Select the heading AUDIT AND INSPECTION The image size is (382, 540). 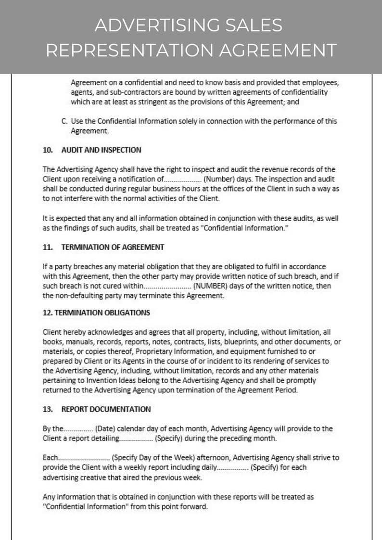(x=101, y=150)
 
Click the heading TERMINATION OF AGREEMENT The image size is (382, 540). (x=113, y=247)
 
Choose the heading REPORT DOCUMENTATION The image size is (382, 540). (x=106, y=409)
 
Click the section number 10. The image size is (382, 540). (x=48, y=150)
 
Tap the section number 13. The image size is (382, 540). (x=48, y=409)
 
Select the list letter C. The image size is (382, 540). (x=64, y=121)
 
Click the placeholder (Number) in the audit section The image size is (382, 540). (x=218, y=179)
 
